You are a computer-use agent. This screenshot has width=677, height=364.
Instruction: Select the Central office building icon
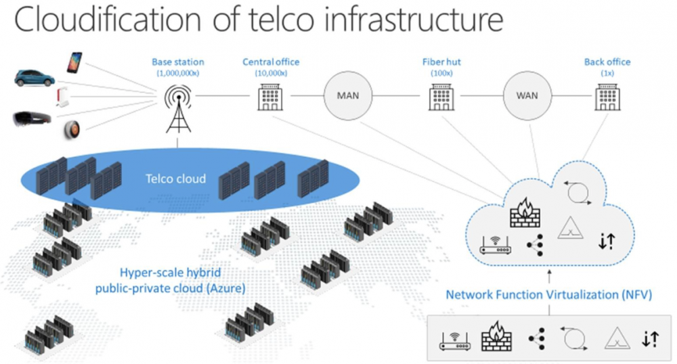tap(271, 97)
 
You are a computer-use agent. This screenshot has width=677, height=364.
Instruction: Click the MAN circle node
tap(347, 95)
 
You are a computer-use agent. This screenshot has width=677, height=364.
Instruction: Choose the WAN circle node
tap(527, 95)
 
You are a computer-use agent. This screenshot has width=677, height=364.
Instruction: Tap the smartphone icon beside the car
tap(73, 62)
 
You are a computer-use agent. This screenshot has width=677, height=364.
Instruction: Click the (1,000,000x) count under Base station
tap(177, 72)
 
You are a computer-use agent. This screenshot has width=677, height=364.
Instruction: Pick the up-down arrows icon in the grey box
tap(649, 338)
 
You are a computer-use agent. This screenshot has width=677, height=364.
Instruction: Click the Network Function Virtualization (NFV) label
tap(548, 295)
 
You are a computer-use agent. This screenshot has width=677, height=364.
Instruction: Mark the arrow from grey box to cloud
tap(548, 276)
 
